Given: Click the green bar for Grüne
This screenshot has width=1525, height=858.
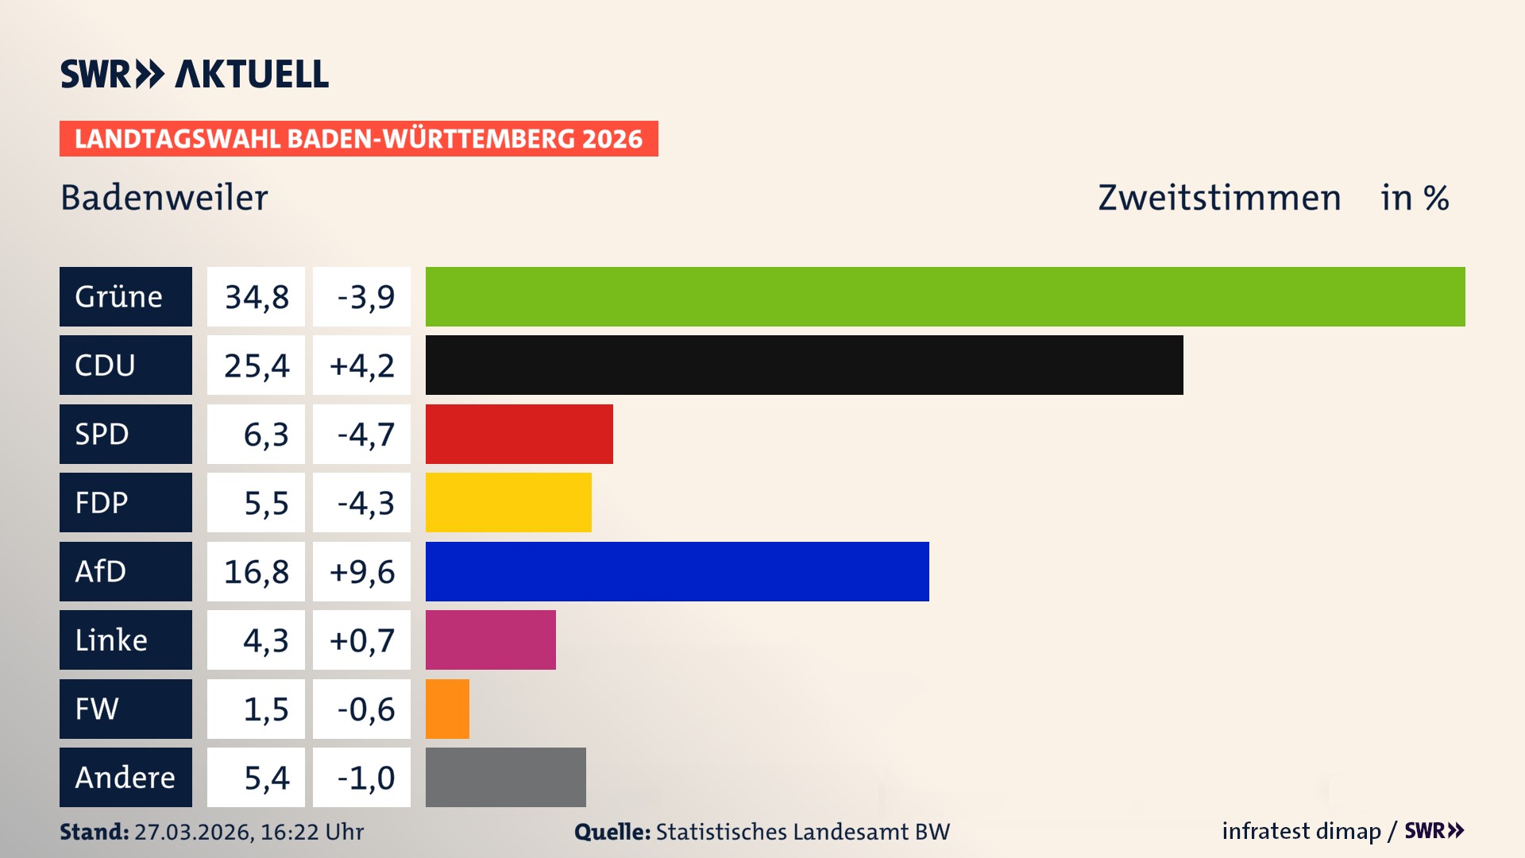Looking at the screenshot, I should click(945, 296).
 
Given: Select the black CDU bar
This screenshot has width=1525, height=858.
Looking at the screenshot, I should click(804, 365).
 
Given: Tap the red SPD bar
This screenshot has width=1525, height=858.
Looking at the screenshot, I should click(519, 434).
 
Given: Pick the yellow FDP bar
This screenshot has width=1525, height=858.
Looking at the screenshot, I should click(508, 502).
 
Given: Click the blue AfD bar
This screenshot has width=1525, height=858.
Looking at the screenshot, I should click(677, 571).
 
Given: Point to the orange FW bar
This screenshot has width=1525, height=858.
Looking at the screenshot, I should click(447, 709).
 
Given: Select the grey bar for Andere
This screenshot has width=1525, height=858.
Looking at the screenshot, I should click(505, 777).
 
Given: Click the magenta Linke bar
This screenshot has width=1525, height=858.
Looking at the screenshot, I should click(490, 640).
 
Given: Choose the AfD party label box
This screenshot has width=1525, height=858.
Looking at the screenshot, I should click(125, 571).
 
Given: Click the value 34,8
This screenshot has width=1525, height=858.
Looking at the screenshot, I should click(256, 296).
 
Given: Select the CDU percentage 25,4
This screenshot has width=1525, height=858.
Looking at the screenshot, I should click(256, 365).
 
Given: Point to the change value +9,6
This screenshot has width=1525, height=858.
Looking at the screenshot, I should click(361, 571).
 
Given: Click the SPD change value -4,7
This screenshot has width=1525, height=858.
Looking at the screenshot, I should click(365, 434).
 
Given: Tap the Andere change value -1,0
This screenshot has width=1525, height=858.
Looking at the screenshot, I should click(365, 777).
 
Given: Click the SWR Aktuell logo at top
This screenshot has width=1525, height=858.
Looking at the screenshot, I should click(194, 74).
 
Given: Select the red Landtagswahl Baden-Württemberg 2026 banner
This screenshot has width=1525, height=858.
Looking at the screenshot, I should click(358, 138).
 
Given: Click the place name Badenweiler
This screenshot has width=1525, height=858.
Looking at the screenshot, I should click(164, 198).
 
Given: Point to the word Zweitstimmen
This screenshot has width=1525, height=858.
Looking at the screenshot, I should click(1219, 198).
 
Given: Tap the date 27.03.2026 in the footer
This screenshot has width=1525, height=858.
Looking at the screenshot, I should click(193, 832).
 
